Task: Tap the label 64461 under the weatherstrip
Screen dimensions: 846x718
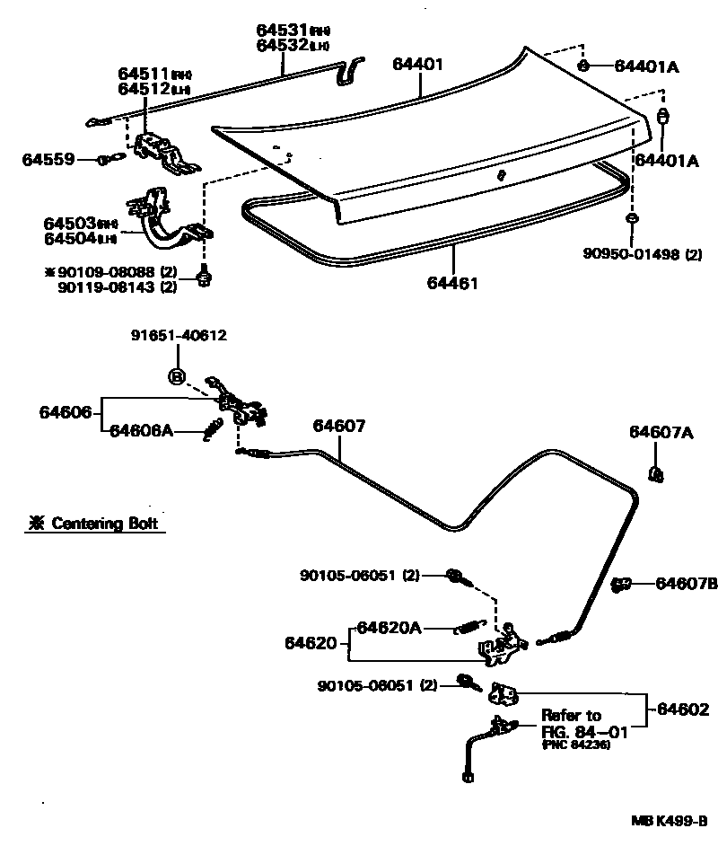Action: [452, 283]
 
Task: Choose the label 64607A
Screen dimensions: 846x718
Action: [661, 432]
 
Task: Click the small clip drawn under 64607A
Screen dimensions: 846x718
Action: [656, 473]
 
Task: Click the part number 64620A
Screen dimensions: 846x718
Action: [388, 627]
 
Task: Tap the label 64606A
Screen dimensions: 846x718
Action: [141, 430]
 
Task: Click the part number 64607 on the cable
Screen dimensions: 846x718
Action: [339, 426]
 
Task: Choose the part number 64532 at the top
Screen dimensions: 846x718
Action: [281, 45]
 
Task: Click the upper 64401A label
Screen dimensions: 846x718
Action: [647, 66]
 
